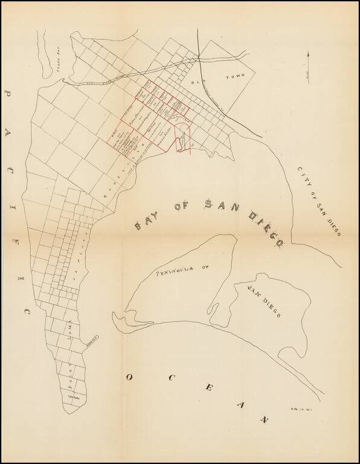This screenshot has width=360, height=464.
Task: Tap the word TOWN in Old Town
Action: click(x=233, y=77)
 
